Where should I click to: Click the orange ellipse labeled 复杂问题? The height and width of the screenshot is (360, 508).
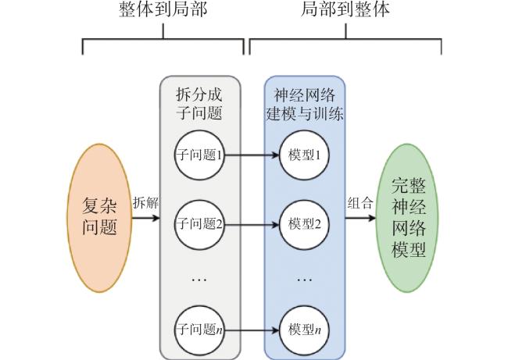point(99,218)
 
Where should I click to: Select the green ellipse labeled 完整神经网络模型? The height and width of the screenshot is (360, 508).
point(408,218)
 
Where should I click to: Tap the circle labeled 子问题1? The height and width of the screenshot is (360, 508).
point(199,155)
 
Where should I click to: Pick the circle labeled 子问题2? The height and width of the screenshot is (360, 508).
point(199,224)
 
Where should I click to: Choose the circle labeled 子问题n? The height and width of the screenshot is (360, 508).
point(199,330)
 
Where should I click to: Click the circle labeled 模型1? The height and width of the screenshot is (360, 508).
point(304,155)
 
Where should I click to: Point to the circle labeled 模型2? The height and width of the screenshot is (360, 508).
point(304,224)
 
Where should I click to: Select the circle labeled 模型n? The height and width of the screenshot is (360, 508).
point(304,330)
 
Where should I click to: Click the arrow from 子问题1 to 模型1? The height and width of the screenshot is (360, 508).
point(252,155)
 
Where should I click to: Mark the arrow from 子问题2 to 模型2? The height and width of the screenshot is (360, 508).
point(252,224)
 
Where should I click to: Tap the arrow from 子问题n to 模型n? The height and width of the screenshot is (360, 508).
point(252,330)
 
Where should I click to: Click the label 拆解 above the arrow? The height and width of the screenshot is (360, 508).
point(146,203)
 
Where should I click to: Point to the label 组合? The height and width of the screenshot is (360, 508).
point(360,203)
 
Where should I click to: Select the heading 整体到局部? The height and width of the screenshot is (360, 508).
point(163,9)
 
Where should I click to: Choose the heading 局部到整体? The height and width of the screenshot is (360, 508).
point(345,9)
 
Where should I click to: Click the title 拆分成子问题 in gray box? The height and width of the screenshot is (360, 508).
point(199,104)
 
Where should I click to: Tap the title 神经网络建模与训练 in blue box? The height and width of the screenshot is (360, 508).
point(305,104)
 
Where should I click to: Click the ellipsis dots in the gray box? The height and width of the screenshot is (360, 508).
point(199,280)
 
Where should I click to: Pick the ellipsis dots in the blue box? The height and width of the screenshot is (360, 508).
point(305,280)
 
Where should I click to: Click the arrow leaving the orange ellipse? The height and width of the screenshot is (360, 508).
point(145,217)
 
